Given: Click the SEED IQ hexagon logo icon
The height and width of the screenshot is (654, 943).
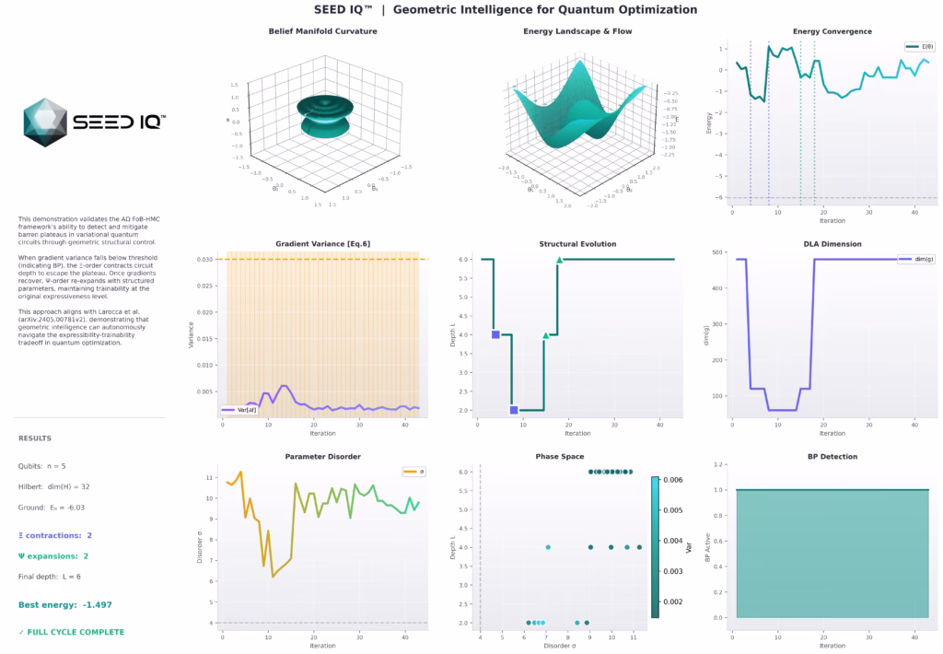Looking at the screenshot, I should (x=45, y=123).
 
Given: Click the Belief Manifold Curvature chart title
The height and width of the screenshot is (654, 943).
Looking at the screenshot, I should (x=322, y=31).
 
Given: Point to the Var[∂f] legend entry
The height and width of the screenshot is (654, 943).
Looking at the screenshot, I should (x=241, y=409).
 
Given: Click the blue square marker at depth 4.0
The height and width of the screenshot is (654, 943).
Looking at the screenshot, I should (x=495, y=334).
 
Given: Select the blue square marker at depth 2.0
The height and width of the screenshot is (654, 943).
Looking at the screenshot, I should (x=514, y=410).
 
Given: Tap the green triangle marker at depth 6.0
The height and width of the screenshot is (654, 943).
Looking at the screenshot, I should (x=559, y=260).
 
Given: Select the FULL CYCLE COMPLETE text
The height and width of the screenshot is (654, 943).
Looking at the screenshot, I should (x=71, y=632).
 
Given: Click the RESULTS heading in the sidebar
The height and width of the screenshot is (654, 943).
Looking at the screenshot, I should (x=35, y=438).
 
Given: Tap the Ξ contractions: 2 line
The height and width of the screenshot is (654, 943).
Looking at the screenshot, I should (x=55, y=535).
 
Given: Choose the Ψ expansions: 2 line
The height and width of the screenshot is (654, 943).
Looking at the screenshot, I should (x=53, y=556).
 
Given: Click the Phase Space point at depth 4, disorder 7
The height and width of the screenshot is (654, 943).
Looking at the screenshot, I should (x=548, y=547).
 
